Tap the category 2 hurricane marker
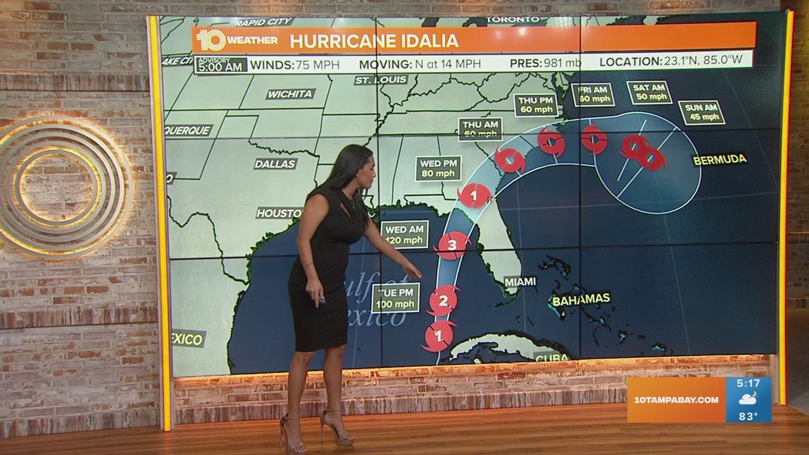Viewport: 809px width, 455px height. (x=443, y=300)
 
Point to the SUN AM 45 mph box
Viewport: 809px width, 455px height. (x=701, y=112)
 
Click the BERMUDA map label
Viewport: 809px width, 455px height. (x=720, y=160)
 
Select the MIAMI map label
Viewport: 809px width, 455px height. (x=519, y=282)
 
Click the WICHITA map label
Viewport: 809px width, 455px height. (x=290, y=94)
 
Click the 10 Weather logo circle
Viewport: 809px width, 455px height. (x=211, y=40)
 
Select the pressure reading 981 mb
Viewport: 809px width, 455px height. (x=563, y=62)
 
